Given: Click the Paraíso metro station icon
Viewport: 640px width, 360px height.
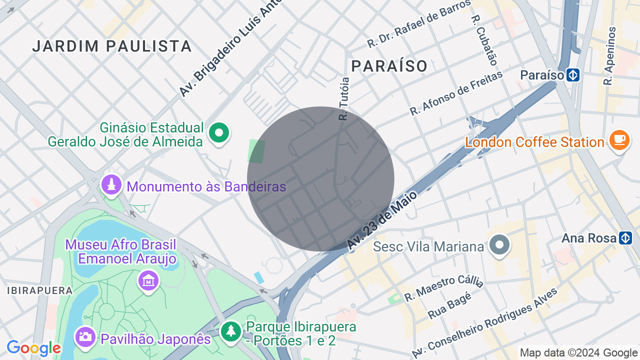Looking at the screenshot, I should click(x=573, y=75).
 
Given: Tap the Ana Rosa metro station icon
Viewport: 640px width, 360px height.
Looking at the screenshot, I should click(x=625, y=238).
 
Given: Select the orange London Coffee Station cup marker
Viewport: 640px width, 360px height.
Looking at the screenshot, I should click(x=619, y=140).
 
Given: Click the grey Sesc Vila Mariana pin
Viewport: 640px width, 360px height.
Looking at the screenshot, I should click(x=499, y=245).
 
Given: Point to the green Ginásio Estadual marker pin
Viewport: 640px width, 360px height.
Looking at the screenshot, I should click(x=218, y=133).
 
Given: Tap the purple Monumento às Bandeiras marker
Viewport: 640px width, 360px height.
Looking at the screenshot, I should click(x=111, y=185).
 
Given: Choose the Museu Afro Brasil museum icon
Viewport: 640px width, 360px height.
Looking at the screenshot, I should click(x=148, y=281).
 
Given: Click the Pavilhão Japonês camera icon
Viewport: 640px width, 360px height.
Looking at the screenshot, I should click(x=85, y=336).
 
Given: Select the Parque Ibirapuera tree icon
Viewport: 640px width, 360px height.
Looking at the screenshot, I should click(x=230, y=330).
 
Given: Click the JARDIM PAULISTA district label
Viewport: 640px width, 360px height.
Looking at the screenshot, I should click(x=112, y=46).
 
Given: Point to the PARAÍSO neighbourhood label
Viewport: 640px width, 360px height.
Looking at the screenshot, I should click(x=389, y=66).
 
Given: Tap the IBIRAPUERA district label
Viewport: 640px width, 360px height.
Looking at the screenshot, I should click(x=39, y=290).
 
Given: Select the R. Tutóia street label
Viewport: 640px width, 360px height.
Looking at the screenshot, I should click(x=344, y=98).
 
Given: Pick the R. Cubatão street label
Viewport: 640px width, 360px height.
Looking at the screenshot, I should click(x=484, y=40).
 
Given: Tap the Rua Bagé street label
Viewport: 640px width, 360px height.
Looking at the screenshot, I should click(x=450, y=306).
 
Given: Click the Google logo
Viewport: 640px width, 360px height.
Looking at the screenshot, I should click(x=33, y=348).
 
